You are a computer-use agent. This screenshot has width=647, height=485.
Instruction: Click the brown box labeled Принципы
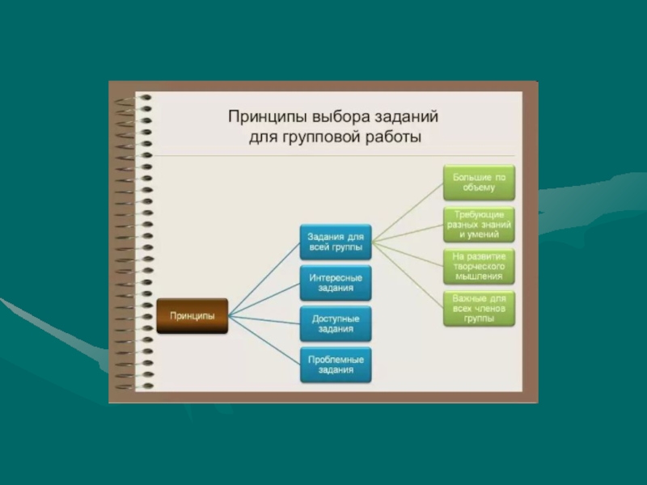click(192, 316)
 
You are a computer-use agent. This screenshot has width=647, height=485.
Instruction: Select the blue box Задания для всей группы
click(335, 242)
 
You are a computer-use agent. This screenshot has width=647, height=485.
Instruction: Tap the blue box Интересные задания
click(335, 282)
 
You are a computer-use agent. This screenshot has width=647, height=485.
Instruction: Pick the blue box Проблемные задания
click(335, 365)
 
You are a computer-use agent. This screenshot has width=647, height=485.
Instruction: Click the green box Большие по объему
click(479, 182)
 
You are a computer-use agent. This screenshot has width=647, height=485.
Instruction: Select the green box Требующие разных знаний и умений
click(479, 224)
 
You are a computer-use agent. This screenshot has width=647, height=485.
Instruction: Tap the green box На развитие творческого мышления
click(479, 266)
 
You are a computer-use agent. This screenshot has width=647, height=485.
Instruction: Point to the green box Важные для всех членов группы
click(479, 308)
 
